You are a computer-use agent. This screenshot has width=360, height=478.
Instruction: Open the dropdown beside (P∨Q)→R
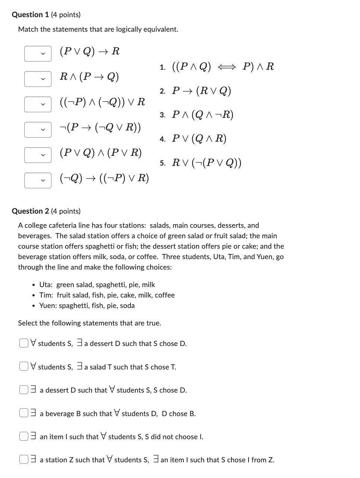pyautogui.click(x=38, y=54)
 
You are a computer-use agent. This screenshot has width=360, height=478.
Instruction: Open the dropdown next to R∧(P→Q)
pyautogui.click(x=38, y=79)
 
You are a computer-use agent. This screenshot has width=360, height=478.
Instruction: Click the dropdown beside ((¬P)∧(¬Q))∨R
pyautogui.click(x=38, y=104)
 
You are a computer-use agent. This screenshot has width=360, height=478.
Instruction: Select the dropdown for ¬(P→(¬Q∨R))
pyautogui.click(x=38, y=130)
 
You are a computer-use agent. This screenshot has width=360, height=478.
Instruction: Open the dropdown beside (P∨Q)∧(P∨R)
pyautogui.click(x=38, y=155)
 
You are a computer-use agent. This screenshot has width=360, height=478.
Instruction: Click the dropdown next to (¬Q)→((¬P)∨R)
pyautogui.click(x=38, y=180)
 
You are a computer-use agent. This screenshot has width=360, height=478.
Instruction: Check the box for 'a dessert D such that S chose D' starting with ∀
pyautogui.click(x=24, y=343)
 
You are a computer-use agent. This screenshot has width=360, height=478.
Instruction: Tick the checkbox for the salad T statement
pyautogui.click(x=24, y=367)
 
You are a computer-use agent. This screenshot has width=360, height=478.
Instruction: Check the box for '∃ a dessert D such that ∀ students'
pyautogui.click(x=24, y=390)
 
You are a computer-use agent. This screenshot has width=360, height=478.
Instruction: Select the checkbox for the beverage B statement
pyautogui.click(x=24, y=413)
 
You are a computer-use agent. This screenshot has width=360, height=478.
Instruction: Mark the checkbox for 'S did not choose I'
pyautogui.click(x=24, y=436)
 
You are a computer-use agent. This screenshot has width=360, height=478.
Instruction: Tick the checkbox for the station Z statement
pyautogui.click(x=24, y=459)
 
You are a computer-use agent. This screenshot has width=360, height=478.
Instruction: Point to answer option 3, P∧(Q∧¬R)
pyautogui.click(x=202, y=115)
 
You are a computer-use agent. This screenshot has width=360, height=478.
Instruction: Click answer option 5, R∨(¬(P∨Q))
pyautogui.click(x=206, y=163)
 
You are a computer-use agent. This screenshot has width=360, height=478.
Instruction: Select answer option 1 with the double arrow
pyautogui.click(x=222, y=67)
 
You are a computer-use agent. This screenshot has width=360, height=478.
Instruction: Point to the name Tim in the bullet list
pyautogui.click(x=45, y=295)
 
